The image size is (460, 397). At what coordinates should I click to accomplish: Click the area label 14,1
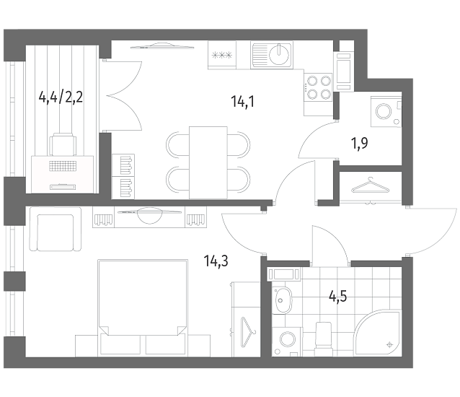pos(242,102)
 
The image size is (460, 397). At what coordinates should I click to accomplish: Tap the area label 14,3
pos(216,261)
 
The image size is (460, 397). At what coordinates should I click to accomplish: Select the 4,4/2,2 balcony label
pos(61,97)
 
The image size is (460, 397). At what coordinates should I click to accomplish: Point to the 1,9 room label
pos(359,144)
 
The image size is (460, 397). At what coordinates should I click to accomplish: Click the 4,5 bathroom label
pos(338,296)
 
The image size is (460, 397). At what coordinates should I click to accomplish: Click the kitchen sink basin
pos(279,54)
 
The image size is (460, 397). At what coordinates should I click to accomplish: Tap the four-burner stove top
pos(318,87)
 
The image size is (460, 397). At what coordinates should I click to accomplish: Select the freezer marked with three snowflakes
pos(222,55)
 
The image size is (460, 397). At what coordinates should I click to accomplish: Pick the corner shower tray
pos(378,333)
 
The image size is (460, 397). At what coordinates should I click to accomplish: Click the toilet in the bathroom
pos(323,339)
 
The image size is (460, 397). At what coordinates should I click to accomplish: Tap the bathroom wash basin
pos(282,300)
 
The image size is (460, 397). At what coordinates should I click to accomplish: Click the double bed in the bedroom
pos(143,307)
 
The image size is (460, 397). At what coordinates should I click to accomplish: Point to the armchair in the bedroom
pos(55,230)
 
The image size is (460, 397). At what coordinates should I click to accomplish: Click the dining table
pos(208,162)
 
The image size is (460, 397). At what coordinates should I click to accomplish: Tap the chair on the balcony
pos(63,144)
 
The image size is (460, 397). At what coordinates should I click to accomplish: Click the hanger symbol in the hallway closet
pos(371,186)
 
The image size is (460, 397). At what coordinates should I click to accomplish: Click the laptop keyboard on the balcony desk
pos(63,166)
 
